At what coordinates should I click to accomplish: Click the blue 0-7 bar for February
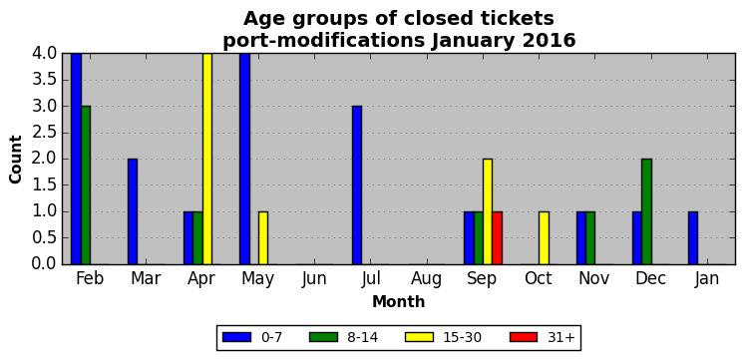point(77,159)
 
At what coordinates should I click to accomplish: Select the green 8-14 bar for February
point(86,184)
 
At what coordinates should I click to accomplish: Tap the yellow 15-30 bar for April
point(207,159)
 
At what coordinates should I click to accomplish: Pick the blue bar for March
point(133,211)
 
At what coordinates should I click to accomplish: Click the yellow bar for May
point(263,237)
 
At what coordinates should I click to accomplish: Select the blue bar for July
point(357,184)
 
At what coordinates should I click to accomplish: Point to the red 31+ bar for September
point(498,237)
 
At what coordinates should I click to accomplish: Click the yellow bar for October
point(544,237)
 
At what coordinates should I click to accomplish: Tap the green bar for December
point(646,211)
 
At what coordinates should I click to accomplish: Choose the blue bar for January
point(693,237)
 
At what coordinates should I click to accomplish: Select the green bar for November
point(590,237)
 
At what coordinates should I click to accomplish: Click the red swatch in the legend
point(524,337)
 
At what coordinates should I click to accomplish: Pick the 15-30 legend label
point(463,337)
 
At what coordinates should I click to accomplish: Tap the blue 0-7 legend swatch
point(236,337)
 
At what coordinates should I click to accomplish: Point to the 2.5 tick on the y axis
point(44,133)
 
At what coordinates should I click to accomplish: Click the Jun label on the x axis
point(313,279)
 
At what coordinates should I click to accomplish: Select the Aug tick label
point(426,279)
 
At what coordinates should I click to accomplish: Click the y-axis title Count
point(16,159)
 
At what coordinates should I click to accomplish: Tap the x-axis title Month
point(399,301)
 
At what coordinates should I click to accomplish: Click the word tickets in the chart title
point(515,19)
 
